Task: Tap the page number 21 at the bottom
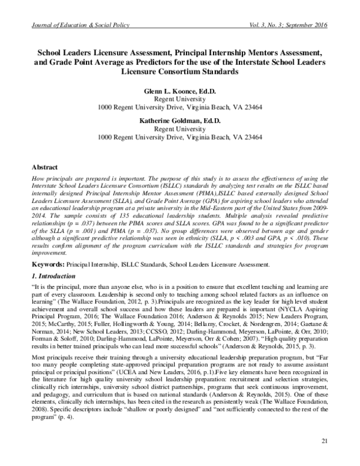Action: tap(325, 443)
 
